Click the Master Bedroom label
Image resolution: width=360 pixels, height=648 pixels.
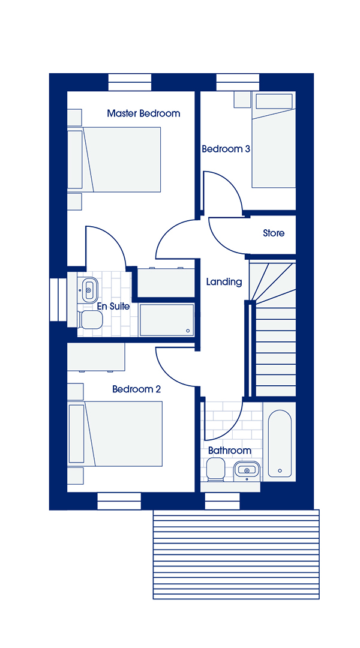pyautogui.click(x=143, y=113)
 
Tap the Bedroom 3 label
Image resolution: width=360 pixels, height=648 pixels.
pyautogui.click(x=226, y=149)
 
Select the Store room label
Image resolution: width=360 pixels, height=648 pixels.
pyautogui.click(x=274, y=233)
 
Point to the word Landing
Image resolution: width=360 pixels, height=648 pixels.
pyautogui.click(x=224, y=282)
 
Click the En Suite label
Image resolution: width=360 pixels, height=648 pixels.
pyautogui.click(x=113, y=307)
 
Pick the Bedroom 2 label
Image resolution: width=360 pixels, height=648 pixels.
pyautogui.click(x=136, y=389)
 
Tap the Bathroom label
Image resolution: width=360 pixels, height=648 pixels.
pyautogui.click(x=229, y=450)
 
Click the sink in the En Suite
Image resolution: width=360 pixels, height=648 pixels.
pyautogui.click(x=88, y=289)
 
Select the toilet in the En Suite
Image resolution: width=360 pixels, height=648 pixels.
pyautogui.click(x=90, y=320)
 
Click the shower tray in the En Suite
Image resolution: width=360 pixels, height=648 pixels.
pyautogui.click(x=167, y=320)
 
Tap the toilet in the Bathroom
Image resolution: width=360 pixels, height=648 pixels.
pyautogui.click(x=216, y=469)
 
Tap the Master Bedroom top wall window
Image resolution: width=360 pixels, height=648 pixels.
pyautogui.click(x=130, y=82)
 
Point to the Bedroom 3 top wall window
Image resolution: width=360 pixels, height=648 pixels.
pyautogui.click(x=238, y=82)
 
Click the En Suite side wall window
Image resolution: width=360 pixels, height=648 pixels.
pyautogui.click(x=58, y=299)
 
